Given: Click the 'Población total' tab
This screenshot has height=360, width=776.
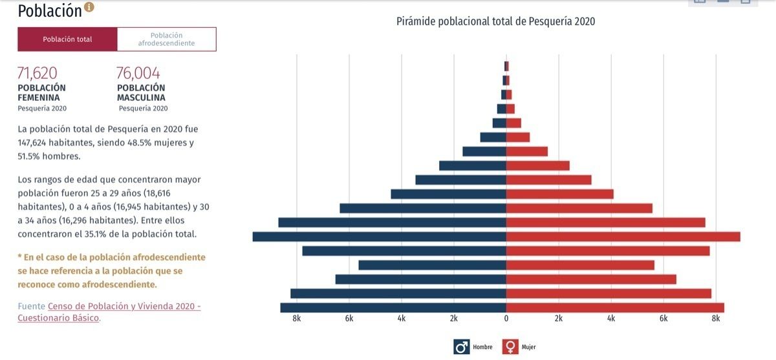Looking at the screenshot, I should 67,39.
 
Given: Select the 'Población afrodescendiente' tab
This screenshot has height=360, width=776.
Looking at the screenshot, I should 166,39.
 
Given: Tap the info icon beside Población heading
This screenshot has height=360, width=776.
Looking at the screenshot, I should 89,7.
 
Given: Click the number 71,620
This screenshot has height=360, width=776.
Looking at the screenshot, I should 38,73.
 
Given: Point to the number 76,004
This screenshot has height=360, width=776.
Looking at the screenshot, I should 138,73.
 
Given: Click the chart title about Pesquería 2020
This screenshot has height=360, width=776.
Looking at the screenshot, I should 495,21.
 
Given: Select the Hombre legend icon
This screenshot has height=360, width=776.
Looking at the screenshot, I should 462,347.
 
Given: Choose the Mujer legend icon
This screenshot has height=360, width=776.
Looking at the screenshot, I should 511,347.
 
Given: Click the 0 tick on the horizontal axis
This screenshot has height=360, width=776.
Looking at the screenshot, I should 506,319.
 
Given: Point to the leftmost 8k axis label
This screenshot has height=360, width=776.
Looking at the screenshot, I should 297,319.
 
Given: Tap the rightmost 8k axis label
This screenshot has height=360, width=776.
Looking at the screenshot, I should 716,319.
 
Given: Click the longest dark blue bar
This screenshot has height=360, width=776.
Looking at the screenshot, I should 379,237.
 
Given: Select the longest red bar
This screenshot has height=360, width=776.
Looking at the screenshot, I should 623,237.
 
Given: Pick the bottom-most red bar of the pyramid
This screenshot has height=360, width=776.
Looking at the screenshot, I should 615,308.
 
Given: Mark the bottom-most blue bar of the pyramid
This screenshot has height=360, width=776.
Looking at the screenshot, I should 393,308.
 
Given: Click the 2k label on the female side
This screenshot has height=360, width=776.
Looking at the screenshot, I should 559,319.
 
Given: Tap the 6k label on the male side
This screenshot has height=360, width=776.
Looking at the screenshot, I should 349,319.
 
